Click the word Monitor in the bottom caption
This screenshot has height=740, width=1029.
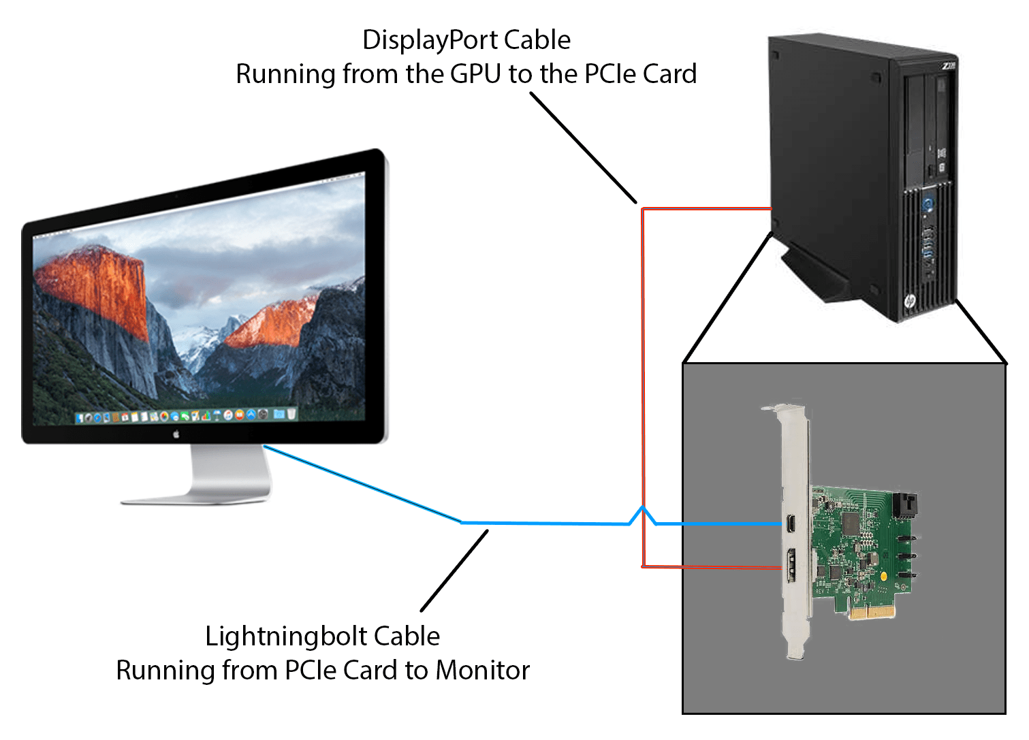482,671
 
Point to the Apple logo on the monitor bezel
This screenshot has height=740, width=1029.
176,434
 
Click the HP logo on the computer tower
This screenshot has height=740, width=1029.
910,301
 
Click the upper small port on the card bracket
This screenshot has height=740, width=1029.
791,524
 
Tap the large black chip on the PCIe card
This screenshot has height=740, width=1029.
851,523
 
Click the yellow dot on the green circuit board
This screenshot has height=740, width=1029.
883,577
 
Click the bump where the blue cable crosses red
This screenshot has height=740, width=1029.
642,512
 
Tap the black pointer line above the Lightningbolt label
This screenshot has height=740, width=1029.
454,570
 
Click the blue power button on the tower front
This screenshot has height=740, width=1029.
927,204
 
